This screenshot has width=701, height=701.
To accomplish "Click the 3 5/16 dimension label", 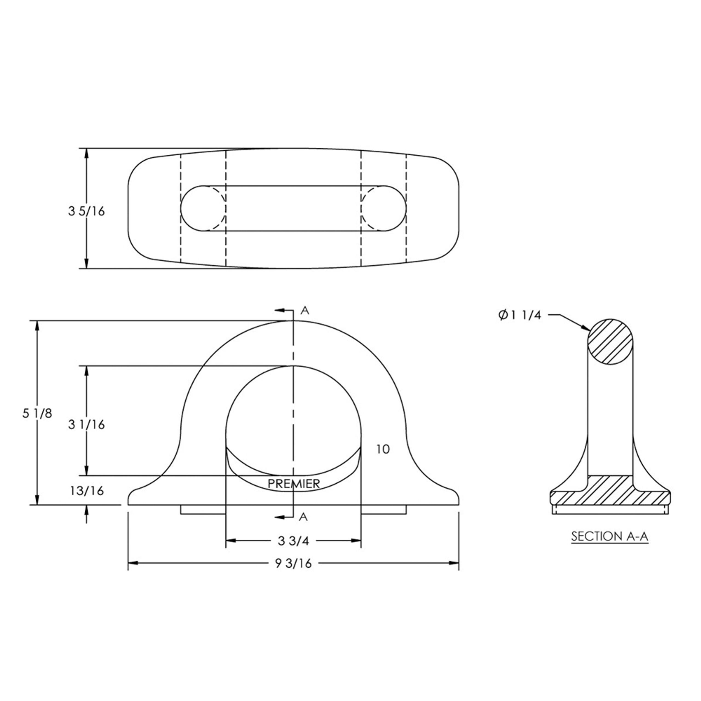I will (86, 211).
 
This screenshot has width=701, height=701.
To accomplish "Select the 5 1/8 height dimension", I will (37, 413).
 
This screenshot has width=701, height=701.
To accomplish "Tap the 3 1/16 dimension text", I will (86, 424).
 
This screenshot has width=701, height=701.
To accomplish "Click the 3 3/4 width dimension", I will (293, 541).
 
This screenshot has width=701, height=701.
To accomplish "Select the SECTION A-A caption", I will (610, 536).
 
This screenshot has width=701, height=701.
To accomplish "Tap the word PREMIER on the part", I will (294, 484).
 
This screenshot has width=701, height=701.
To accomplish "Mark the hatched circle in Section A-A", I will (611, 342).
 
